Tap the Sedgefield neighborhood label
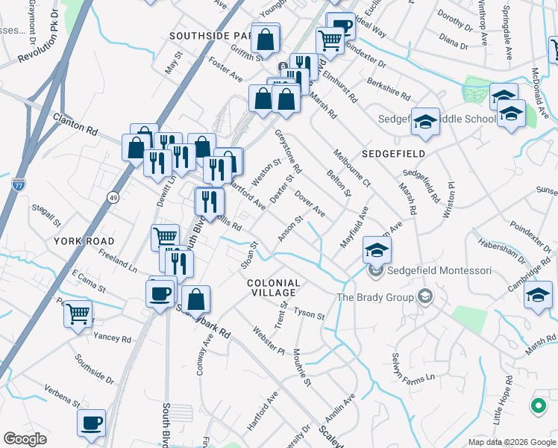393,153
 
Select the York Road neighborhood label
84,241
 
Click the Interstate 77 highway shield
19,183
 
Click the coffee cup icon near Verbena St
92,423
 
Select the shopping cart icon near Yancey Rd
78,314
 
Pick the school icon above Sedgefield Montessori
377,249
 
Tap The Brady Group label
374,297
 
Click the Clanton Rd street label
75,123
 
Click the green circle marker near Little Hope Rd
537,406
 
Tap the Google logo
26,439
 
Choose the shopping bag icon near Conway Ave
195,300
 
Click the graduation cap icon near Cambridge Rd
538,295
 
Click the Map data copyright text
512,442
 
